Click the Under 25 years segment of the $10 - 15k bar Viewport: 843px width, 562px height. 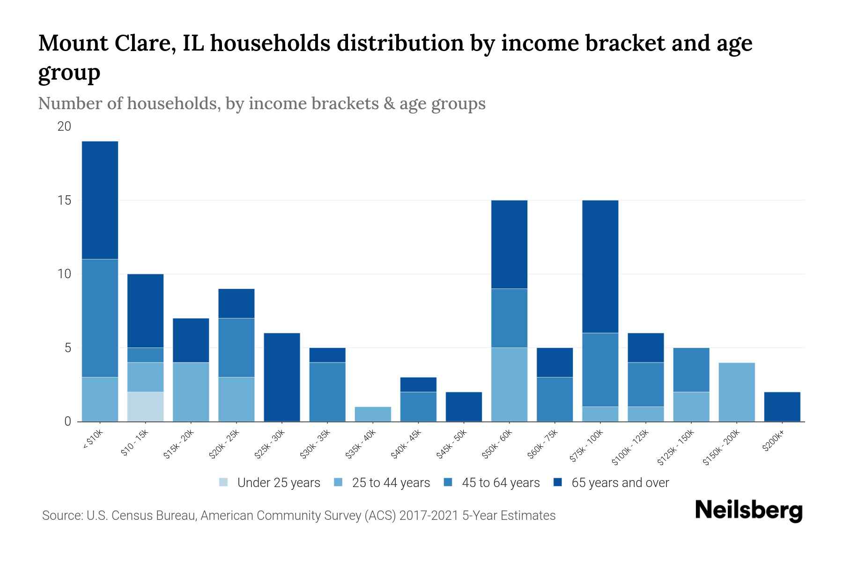click(145, 407)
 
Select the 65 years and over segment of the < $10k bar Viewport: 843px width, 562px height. click(100, 200)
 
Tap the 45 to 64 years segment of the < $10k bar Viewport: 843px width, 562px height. click(100, 318)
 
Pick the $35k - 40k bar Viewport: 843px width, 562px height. click(373, 414)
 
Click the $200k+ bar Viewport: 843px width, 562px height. click(782, 407)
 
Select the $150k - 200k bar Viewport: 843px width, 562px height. click(737, 392)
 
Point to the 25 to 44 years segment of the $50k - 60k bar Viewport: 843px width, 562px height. click(509, 385)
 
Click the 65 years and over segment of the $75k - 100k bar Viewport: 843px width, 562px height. click(600, 266)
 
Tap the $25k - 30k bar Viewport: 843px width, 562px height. click(282, 377)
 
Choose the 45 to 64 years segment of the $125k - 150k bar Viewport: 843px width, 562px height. click(691, 370)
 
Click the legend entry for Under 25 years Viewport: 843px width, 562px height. click(278, 483)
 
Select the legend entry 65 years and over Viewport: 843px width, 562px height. click(620, 483)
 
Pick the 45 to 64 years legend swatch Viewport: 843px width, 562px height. click(448, 482)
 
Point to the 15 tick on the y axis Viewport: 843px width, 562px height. click(65, 200)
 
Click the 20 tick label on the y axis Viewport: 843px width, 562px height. click(65, 126)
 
